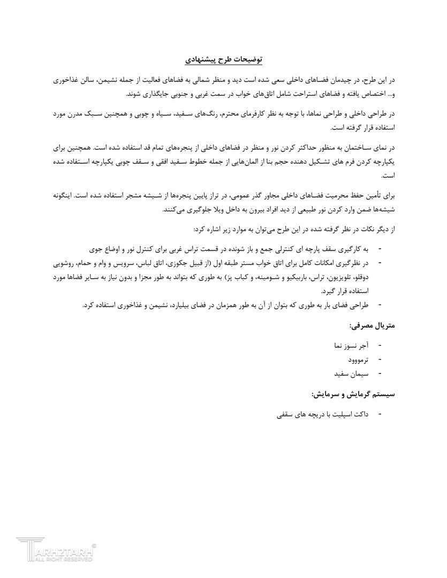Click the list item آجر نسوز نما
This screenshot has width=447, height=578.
(x=349, y=346)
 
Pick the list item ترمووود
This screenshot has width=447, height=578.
(x=358, y=360)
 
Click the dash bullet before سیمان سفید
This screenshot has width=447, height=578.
(x=380, y=374)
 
